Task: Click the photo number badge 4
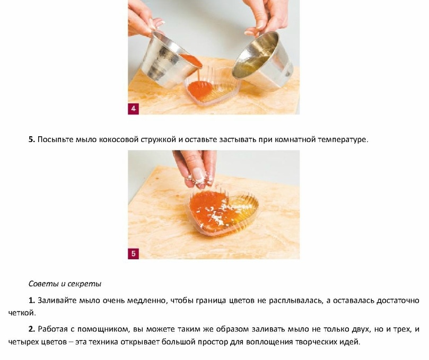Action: [x=133, y=109]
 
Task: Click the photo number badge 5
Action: [x=133, y=253]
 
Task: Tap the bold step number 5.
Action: [x=32, y=139]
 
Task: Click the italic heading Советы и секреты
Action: [x=65, y=284]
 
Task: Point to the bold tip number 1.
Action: [x=32, y=301]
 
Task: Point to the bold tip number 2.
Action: [x=32, y=329]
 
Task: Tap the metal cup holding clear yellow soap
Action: [x=262, y=60]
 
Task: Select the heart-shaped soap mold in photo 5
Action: [x=222, y=212]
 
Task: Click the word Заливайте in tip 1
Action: [x=57, y=301]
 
